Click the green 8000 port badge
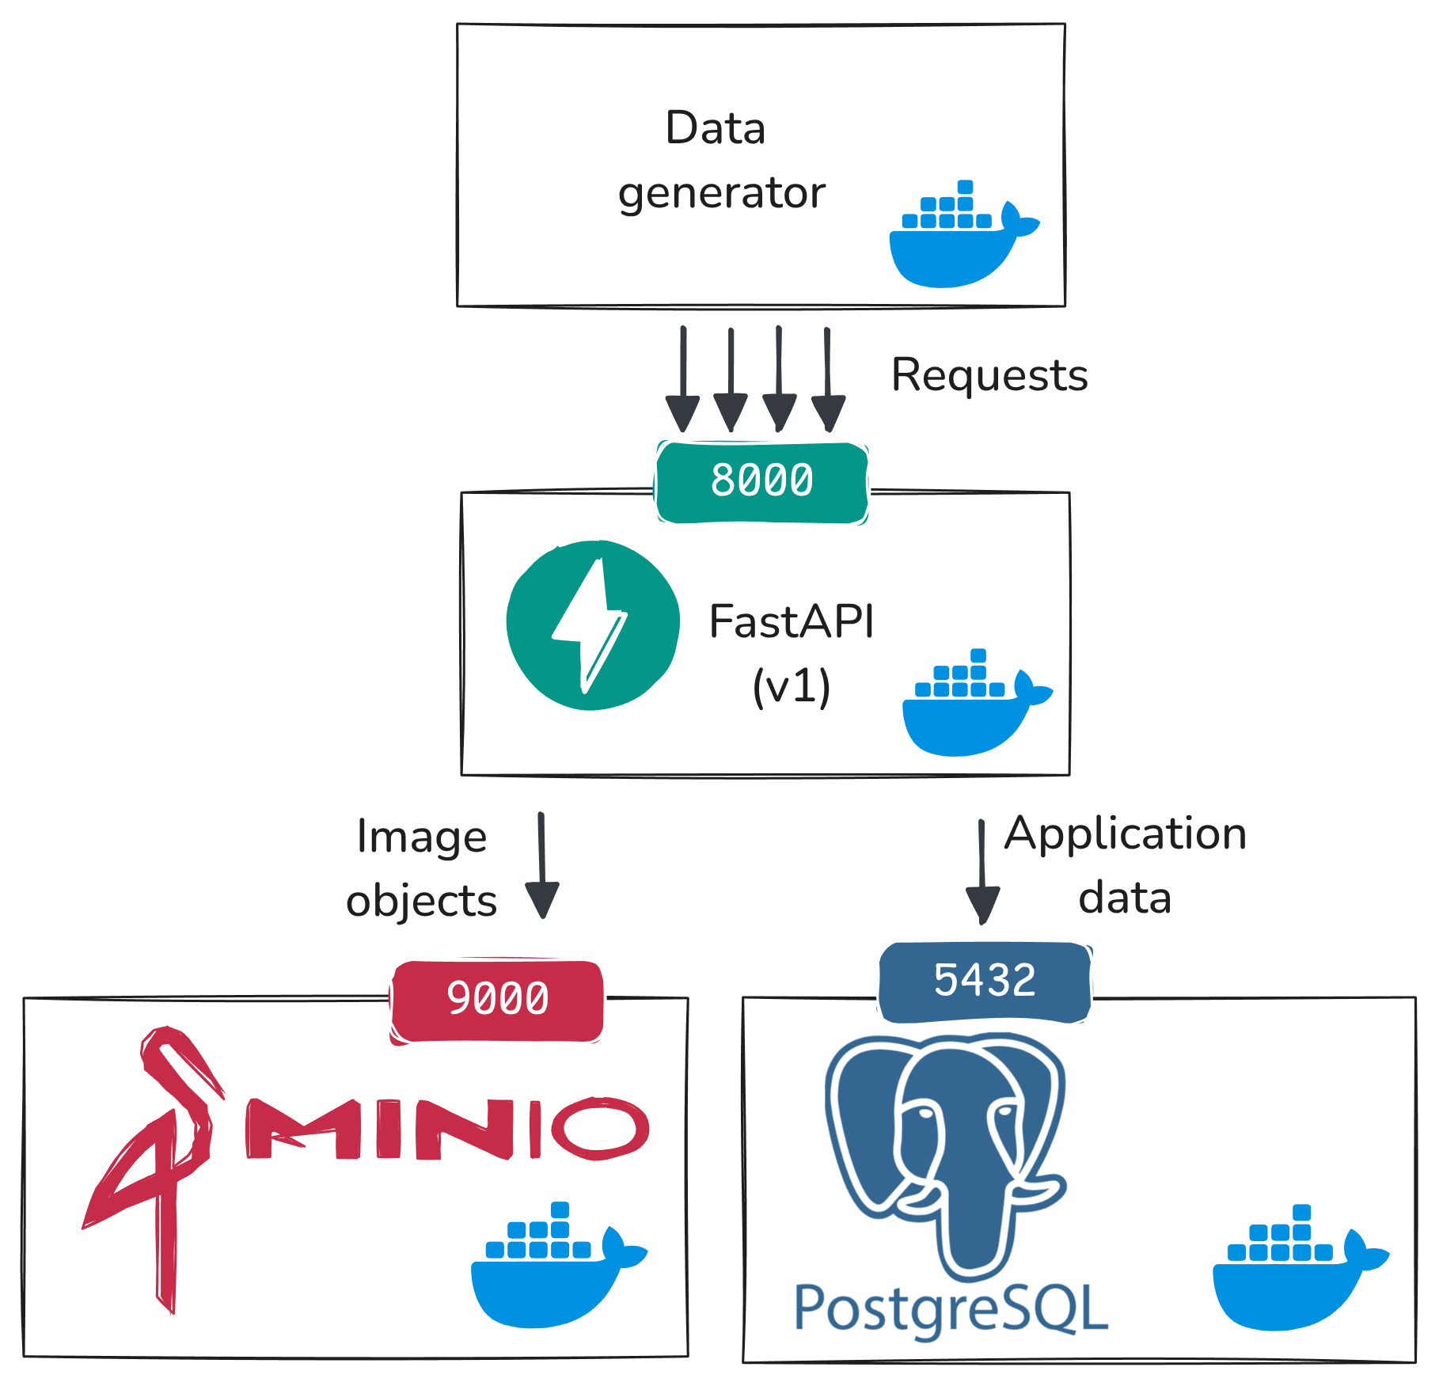[x=761, y=481]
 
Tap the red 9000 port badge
[x=497, y=999]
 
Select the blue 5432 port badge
[x=984, y=981]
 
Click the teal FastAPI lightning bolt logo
[x=593, y=625]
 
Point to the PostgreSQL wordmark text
[x=950, y=1310]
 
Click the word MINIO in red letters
[x=447, y=1130]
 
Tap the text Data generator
[x=720, y=161]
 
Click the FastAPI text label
[x=792, y=621]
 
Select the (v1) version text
[x=792, y=686]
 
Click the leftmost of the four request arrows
[x=682, y=380]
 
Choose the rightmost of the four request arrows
[x=828, y=380]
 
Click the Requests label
[x=989, y=375]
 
